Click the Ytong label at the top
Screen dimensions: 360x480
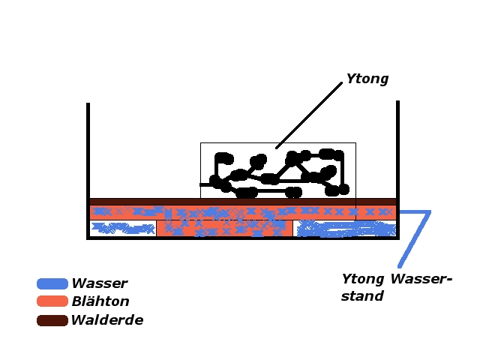click(367, 79)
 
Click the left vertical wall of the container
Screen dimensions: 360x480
click(88, 150)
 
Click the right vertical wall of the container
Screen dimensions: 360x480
click(397, 150)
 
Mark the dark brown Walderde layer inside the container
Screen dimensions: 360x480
click(241, 202)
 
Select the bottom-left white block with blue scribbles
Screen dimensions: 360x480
click(122, 228)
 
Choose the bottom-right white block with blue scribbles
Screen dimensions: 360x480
click(344, 228)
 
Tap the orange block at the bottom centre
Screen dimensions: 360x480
click(224, 228)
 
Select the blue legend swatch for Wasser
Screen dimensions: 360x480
click(52, 283)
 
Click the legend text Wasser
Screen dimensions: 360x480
click(99, 283)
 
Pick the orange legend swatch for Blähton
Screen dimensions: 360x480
click(52, 301)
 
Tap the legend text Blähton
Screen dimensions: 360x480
click(100, 301)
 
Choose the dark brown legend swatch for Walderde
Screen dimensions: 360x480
click(52, 320)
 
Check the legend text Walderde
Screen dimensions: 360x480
click(107, 320)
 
